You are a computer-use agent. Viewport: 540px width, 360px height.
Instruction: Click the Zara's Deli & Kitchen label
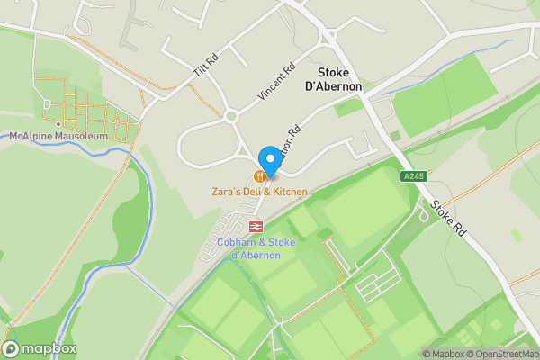point(259,192)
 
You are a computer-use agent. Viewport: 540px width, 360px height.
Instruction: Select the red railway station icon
point(256,227)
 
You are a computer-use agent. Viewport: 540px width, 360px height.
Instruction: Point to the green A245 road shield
point(414,176)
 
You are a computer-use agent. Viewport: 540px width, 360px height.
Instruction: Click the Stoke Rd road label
point(447,218)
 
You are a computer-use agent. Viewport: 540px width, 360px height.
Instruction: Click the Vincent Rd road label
point(276,81)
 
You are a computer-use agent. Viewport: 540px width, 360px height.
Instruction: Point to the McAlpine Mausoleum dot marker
point(58,124)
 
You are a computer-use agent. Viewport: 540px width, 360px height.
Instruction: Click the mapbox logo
point(40,349)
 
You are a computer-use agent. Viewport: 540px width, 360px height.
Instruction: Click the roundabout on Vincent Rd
point(232,115)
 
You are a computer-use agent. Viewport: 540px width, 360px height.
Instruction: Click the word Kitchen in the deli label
point(288,192)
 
